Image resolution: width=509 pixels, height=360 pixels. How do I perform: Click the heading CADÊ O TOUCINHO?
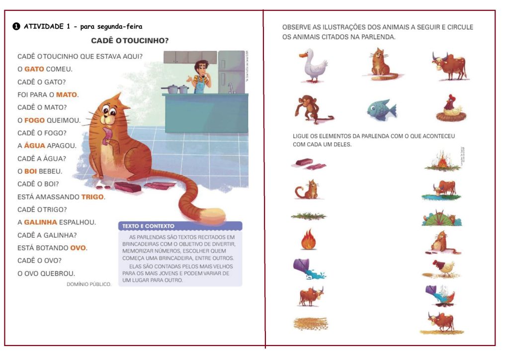130,41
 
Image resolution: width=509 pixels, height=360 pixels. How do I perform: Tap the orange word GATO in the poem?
34,69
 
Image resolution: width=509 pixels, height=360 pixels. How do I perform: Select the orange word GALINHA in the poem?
41,222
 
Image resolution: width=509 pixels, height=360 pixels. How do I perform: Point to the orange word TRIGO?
92,197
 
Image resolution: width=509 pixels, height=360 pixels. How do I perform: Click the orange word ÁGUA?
34,145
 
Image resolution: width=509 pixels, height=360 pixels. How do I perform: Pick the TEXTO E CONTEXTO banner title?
148,226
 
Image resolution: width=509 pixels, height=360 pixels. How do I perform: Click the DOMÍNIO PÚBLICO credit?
89,284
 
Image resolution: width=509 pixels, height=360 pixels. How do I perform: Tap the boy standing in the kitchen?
200,77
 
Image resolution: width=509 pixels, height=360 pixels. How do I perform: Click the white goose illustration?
313,66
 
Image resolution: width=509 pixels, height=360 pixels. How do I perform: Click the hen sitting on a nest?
451,108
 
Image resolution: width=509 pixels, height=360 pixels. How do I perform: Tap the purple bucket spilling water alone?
308,269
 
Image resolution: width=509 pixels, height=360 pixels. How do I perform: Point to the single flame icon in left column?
308,239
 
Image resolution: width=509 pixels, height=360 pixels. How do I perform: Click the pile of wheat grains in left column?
311,324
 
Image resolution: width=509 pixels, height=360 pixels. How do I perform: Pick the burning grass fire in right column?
442,160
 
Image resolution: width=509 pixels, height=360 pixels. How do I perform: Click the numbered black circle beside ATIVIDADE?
16,26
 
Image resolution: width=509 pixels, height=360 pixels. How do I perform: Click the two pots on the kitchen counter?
175,89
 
